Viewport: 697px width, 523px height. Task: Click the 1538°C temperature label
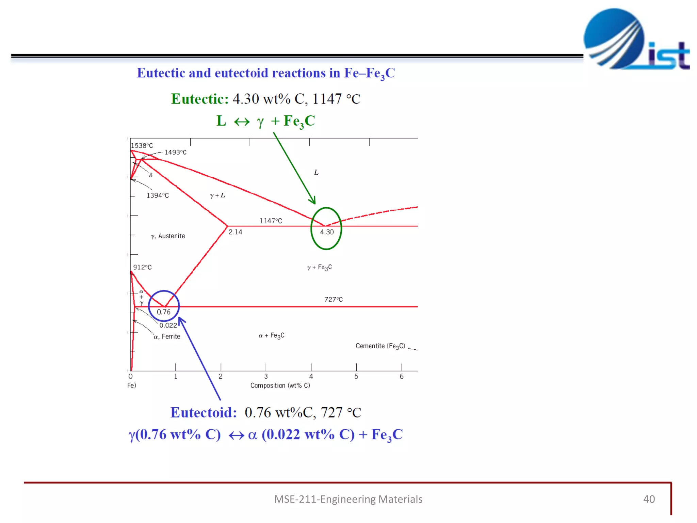click(142, 146)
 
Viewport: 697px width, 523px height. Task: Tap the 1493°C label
click(175, 152)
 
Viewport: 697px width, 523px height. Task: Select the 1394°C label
click(158, 195)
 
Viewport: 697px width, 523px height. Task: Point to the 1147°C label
click(271, 221)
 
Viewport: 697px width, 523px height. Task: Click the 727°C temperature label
click(333, 299)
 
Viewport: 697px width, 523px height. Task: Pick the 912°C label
click(142, 267)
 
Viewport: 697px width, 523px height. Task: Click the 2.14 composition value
click(235, 232)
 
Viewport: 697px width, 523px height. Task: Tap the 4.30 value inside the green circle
click(327, 232)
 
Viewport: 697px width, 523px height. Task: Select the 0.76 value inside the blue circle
click(163, 312)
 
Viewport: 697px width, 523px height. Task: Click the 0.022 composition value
click(168, 326)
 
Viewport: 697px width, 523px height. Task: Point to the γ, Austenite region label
click(168, 236)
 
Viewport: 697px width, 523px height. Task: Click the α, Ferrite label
click(167, 336)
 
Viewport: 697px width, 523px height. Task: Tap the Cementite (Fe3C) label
click(380, 346)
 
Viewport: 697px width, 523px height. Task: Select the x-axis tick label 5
click(356, 377)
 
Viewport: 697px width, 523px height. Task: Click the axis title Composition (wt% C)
click(280, 385)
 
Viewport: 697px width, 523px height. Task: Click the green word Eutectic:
click(200, 99)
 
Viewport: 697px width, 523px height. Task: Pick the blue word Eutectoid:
click(204, 413)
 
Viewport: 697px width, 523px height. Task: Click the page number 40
click(649, 499)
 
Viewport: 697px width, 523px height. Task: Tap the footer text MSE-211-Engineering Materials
click(348, 499)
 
